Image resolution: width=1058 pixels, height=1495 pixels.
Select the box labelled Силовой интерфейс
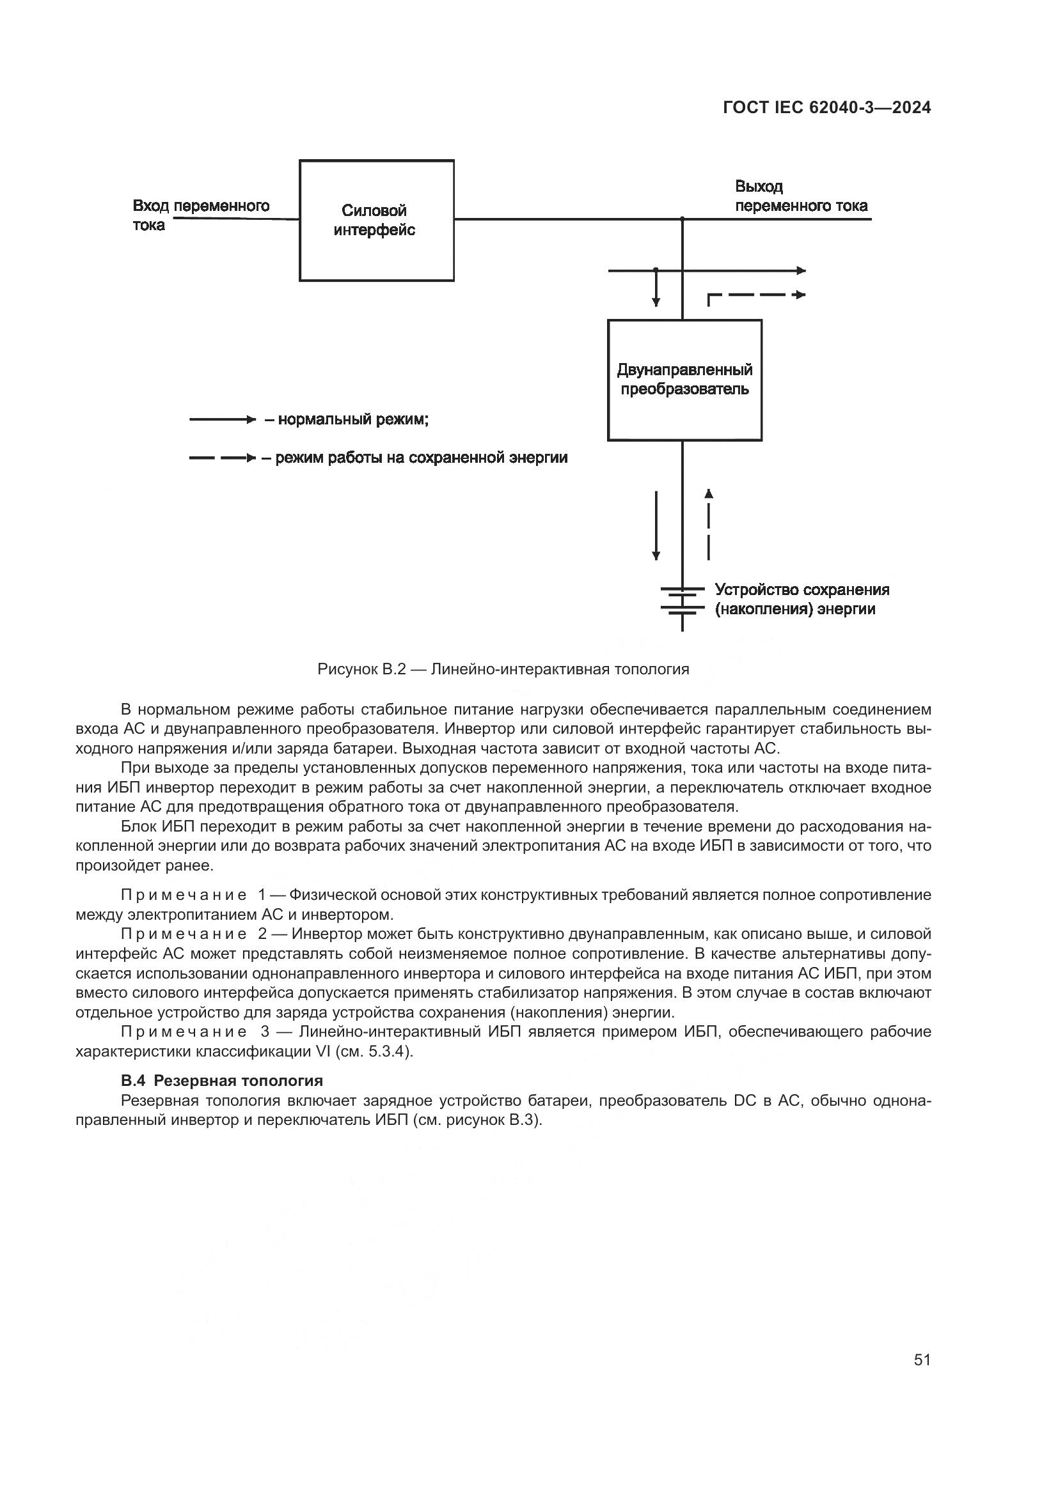click(x=376, y=220)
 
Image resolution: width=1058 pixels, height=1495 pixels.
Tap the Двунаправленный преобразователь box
click(x=684, y=380)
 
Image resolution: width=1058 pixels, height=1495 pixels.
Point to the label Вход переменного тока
click(x=201, y=215)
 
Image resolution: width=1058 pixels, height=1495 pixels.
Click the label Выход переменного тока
click(x=801, y=196)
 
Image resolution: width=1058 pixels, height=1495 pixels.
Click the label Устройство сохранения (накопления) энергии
click(x=801, y=599)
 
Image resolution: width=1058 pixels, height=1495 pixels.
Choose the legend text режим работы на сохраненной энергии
click(x=421, y=458)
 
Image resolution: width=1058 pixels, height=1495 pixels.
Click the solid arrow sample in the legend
click(x=222, y=420)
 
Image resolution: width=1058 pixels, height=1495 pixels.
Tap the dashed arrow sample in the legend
click(x=222, y=458)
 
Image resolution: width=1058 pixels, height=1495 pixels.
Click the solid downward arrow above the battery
click(x=656, y=525)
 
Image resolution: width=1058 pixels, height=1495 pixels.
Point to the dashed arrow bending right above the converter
click(x=755, y=296)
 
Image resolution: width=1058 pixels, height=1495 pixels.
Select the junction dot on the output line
click(x=682, y=219)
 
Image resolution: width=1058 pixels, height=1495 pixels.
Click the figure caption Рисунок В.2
click(x=503, y=669)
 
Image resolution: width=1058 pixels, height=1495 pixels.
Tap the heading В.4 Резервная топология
click(x=221, y=1081)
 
